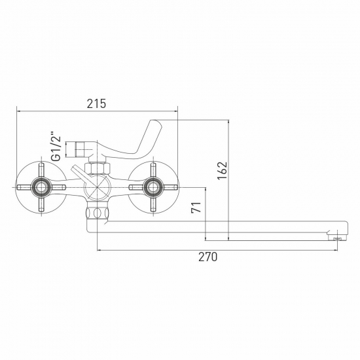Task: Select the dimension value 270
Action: coord(207,257)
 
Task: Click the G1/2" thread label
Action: coord(56,147)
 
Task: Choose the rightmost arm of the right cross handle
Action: coord(172,189)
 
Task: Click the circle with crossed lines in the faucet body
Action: coord(96,189)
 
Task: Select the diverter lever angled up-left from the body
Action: coord(79,174)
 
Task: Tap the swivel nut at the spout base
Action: coord(97,213)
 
